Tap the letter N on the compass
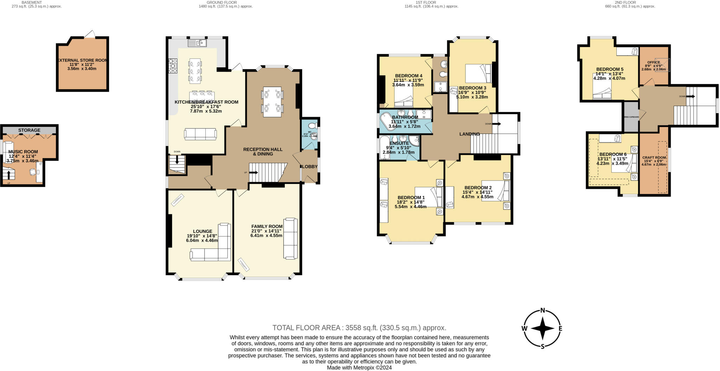point(542,310)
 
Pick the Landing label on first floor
point(469,134)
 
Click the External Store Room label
point(82,60)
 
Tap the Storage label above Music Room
point(29,130)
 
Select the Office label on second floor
point(653,62)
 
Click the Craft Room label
point(654,158)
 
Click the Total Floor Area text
point(359,328)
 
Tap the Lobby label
point(310,167)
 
